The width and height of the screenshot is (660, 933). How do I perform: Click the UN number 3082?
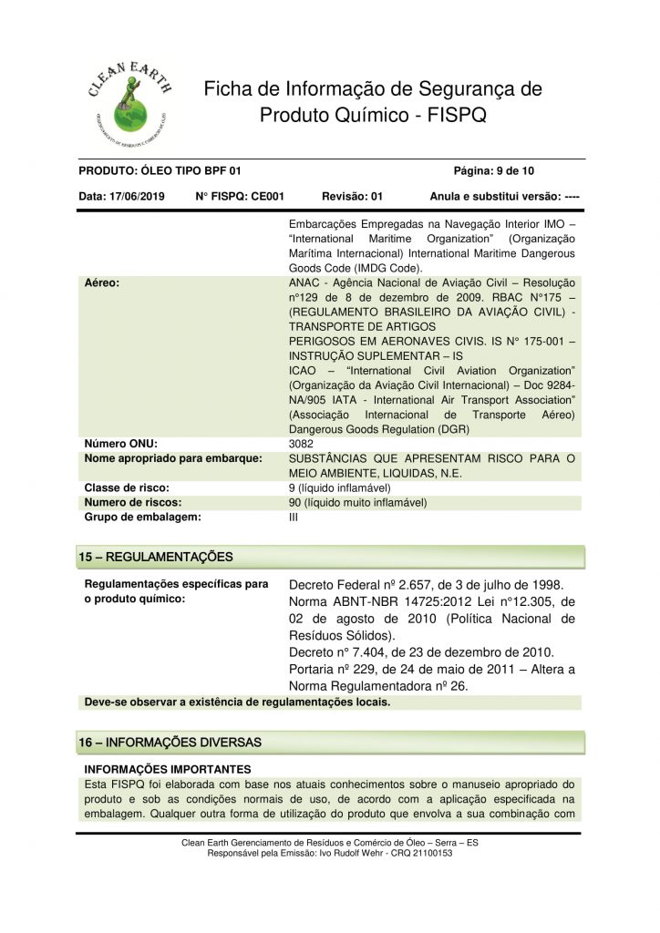pos(301,444)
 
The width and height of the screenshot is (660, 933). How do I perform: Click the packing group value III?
pos(293,517)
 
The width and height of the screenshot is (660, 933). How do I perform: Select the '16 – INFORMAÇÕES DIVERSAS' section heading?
pos(170,743)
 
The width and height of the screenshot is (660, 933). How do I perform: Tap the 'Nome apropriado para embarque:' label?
pos(173,457)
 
